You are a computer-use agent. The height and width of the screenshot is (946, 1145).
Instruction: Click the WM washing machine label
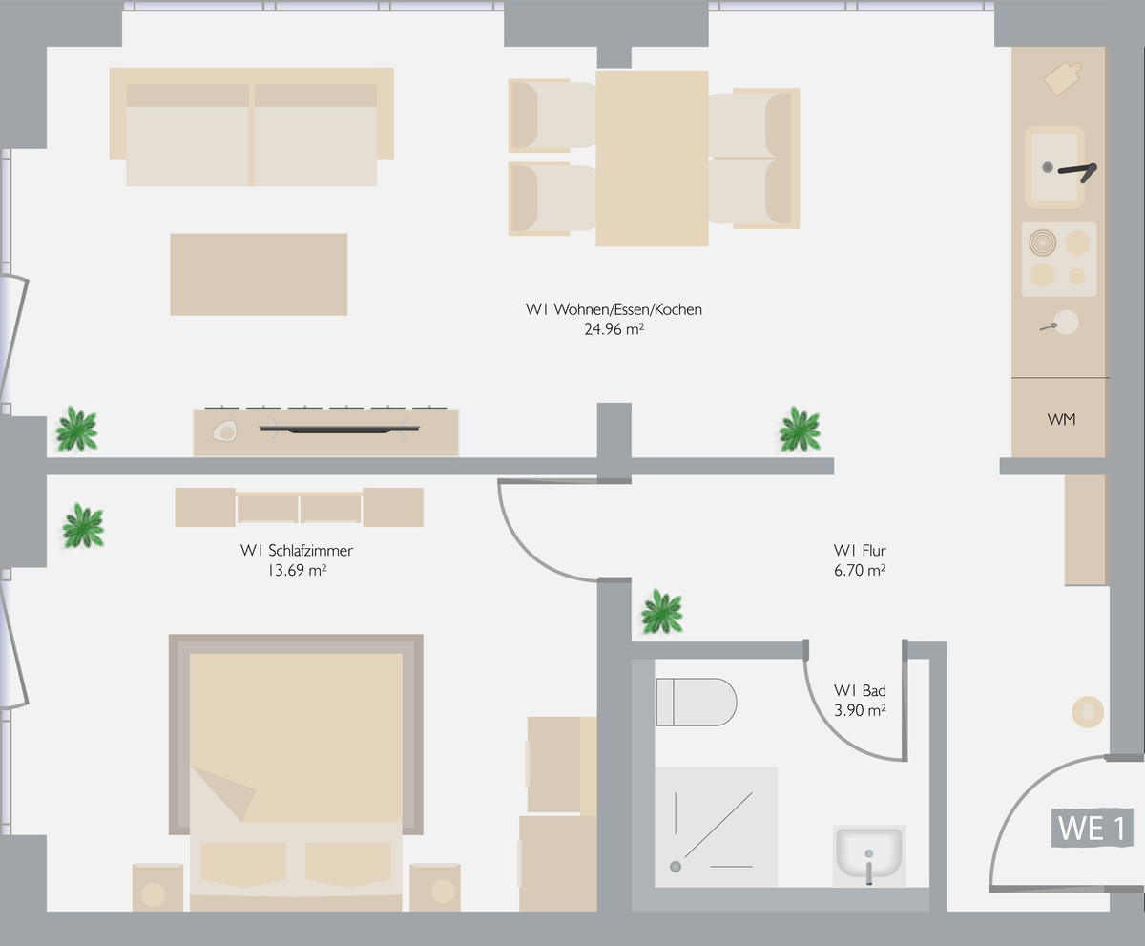1061,420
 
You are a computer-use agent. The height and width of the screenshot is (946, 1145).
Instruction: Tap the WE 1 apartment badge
1092,828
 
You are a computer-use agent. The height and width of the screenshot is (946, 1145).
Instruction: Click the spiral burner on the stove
1043,242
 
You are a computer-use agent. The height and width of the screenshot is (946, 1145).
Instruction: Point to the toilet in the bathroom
697,703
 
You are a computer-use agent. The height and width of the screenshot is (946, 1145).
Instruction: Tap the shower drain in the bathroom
676,867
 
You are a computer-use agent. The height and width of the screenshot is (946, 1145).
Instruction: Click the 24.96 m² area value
614,329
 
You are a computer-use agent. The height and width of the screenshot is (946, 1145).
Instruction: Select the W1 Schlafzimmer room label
297,551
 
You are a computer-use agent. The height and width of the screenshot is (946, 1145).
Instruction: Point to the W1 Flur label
860,551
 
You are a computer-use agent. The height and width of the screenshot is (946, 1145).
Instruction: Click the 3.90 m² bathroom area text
860,710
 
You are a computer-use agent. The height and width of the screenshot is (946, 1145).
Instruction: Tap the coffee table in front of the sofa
259,274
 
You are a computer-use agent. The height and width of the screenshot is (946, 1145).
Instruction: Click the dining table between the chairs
652,158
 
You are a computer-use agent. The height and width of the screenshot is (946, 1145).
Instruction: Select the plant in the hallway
662,612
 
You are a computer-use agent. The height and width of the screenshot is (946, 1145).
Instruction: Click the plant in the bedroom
83,526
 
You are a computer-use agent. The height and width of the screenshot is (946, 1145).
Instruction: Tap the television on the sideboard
340,430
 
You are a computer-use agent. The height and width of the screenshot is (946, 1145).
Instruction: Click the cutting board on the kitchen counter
1063,78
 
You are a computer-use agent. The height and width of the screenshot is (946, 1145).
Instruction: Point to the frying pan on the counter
1060,324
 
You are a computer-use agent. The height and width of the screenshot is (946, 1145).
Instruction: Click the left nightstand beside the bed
158,888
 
